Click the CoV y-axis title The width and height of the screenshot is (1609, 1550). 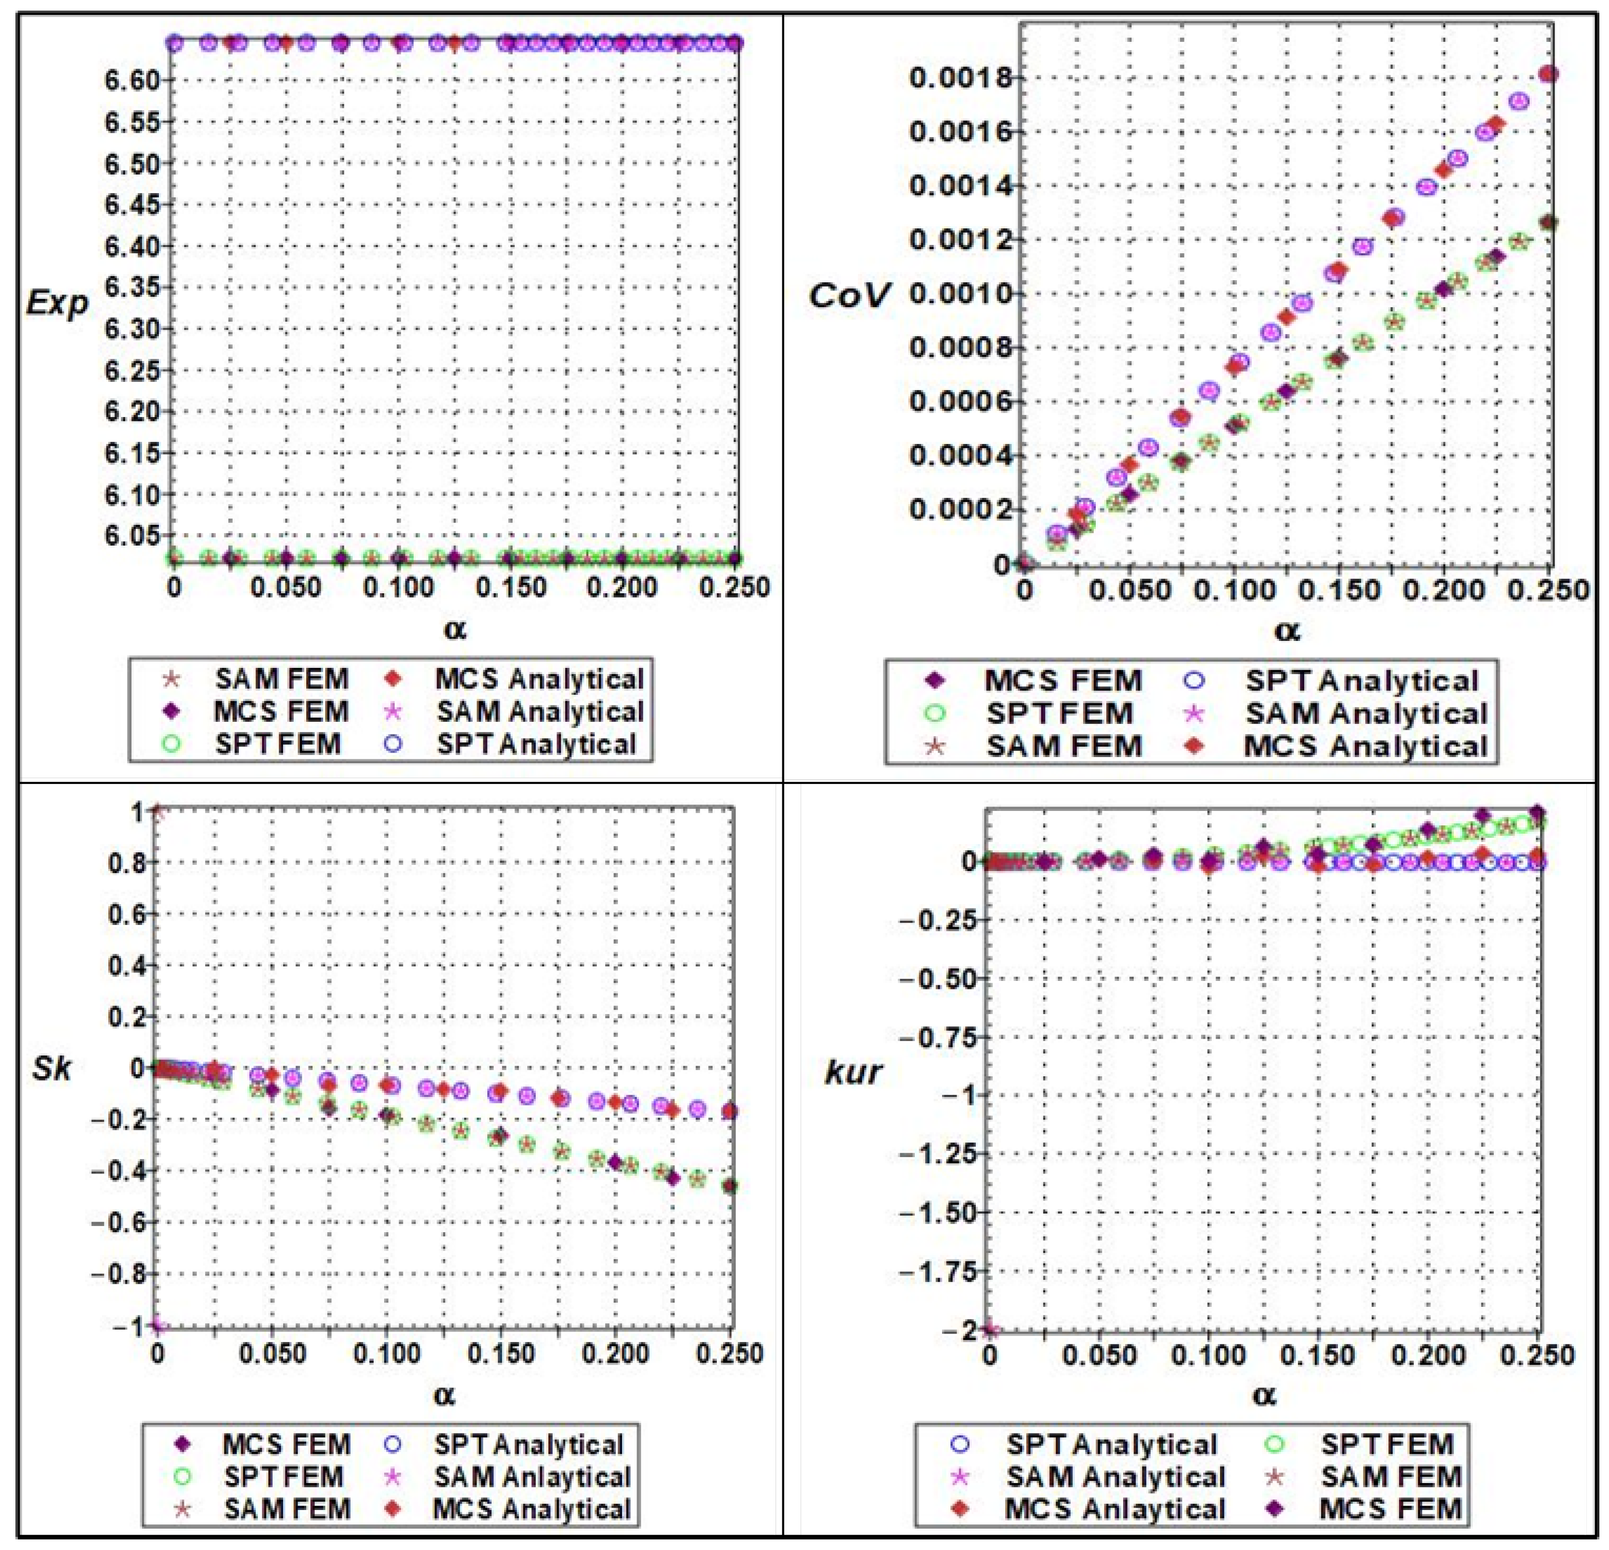coord(848,296)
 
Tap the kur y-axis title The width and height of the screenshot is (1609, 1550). coord(853,1071)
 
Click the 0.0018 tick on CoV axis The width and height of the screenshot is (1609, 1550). coord(951,79)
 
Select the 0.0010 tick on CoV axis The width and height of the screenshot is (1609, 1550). coord(951,294)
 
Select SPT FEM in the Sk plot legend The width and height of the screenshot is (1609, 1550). coord(283,1476)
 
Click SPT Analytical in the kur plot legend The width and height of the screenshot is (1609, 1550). coord(1112,1444)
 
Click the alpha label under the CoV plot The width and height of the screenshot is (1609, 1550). coord(1286,630)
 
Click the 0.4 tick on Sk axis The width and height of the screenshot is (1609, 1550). coord(127,965)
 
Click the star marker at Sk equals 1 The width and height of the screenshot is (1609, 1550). coord(158,812)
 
